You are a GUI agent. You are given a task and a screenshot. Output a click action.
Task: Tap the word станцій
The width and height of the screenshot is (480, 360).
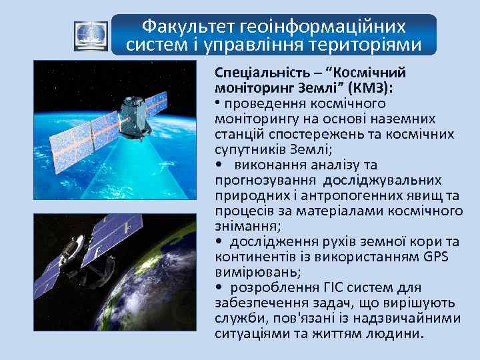coord(239,134)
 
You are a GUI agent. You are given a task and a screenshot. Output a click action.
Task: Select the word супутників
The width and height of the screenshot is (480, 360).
coord(249,149)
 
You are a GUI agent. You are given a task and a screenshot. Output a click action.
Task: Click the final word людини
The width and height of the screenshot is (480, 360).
coord(393,333)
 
